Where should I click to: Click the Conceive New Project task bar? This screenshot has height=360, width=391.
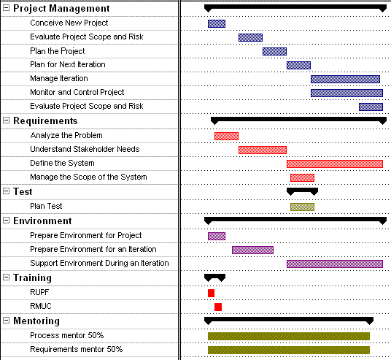217,23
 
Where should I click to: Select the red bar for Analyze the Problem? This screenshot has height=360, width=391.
226,136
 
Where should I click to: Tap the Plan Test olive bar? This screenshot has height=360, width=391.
302,207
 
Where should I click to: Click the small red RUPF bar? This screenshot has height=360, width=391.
211,293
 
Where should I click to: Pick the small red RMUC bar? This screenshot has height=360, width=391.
217,307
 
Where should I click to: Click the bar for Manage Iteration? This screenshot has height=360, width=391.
345,79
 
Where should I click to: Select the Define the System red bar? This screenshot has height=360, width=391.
334,164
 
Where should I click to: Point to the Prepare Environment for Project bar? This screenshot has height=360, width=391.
217,236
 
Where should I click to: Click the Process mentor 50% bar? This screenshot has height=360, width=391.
288,336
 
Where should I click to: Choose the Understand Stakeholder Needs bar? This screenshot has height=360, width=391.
262,150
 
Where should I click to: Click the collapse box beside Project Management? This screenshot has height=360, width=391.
7,9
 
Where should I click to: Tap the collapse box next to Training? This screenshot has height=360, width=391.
7,278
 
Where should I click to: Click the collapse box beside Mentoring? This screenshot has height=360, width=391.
7,321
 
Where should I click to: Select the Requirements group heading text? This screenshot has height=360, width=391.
45,121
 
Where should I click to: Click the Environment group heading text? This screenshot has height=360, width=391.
42,221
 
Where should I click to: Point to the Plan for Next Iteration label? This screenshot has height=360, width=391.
67,65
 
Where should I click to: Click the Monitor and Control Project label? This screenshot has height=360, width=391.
77,93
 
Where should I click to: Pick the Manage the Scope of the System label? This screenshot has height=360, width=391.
88,177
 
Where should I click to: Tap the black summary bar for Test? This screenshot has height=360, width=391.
302,191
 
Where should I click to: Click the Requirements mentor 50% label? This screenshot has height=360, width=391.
76,350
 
